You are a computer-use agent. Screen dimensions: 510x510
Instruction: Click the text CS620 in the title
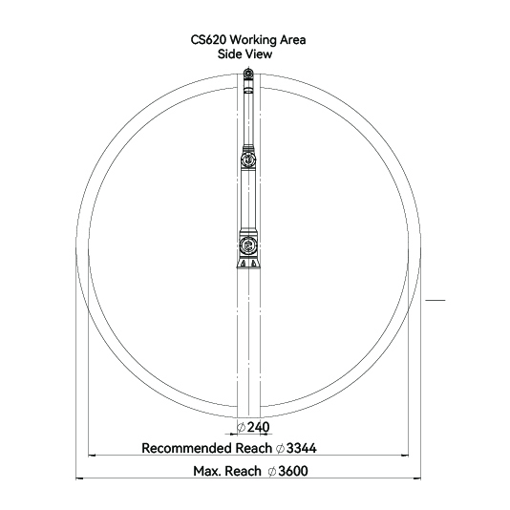[x=208, y=40]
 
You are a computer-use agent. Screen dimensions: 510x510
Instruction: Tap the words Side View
[x=244, y=54]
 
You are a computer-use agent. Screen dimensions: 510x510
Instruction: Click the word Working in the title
[x=253, y=41]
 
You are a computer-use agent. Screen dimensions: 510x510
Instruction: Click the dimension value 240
[x=258, y=427]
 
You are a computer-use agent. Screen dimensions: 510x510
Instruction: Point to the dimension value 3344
[x=302, y=448]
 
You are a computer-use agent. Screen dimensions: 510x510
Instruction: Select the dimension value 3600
[x=293, y=471]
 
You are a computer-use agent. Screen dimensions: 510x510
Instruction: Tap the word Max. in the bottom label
[x=205, y=471]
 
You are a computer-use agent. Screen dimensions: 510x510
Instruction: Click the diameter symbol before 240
[x=241, y=427]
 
